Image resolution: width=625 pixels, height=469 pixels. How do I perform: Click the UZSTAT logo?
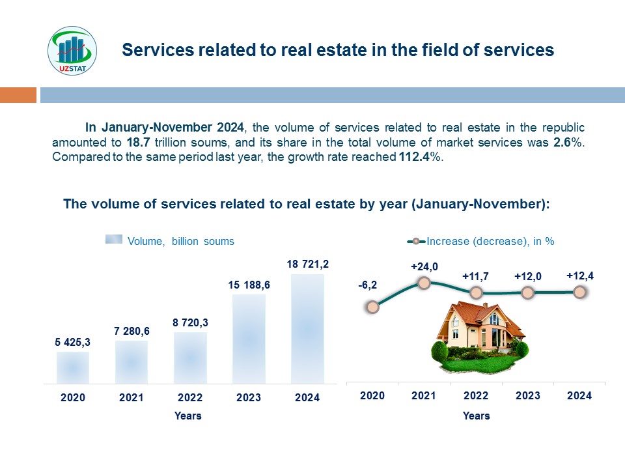point(72,51)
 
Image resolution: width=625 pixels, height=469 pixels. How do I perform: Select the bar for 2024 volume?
point(307,329)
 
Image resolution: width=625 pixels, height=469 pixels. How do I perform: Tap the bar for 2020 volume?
point(73,367)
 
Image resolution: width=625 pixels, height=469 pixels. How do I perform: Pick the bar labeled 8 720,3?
point(190,358)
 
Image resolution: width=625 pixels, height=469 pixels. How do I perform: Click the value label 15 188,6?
point(249,285)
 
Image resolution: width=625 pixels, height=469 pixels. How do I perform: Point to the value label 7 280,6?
point(132,331)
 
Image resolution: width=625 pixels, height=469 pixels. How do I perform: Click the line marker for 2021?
point(424,283)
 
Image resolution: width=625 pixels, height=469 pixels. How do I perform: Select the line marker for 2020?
point(372,307)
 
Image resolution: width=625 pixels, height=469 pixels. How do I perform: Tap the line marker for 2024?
point(580,292)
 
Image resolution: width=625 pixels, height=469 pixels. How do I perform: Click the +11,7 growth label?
point(475,276)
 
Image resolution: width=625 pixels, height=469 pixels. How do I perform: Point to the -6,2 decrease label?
point(367,285)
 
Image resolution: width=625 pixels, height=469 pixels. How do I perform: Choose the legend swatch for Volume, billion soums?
point(114,239)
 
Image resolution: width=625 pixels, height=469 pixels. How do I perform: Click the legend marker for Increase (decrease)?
point(416,241)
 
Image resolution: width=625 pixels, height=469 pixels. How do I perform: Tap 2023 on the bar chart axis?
point(249,397)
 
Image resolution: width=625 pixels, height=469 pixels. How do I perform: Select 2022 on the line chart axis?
point(475,395)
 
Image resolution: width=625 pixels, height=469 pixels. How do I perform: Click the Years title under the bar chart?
point(187,416)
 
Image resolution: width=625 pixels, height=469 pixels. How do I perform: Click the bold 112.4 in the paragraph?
point(414,157)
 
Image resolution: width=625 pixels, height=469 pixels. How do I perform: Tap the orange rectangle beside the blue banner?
point(18,95)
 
